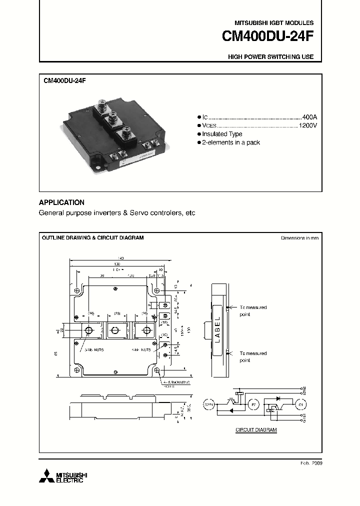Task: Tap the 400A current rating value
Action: [x=310, y=116]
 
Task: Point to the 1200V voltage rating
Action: [x=308, y=125]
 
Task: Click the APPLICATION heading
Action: [x=61, y=202]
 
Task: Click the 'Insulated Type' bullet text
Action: [x=222, y=134]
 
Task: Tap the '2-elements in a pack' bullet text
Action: [x=230, y=142]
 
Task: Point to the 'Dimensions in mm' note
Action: [x=299, y=238]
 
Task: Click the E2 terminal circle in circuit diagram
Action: [x=253, y=403]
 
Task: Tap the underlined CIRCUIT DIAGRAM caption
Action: [x=256, y=430]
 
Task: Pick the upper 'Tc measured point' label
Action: [x=252, y=311]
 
